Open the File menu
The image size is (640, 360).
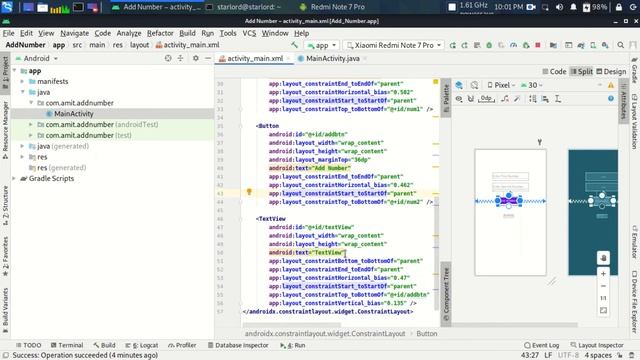9,33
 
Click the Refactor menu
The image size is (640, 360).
159,33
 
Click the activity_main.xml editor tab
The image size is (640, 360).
255,59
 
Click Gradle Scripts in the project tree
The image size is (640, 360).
51,179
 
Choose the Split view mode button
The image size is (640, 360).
582,72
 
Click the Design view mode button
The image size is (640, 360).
613,72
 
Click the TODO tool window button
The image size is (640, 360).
27,344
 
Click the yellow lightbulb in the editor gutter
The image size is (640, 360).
249,162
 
